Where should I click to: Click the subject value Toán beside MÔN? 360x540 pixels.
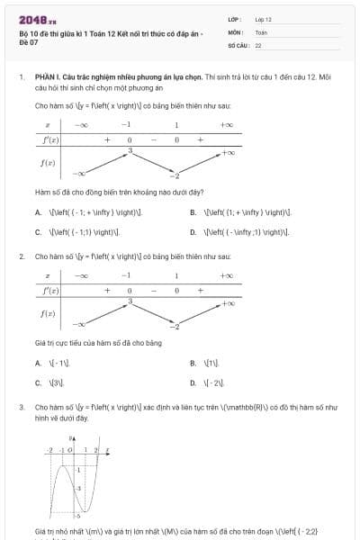coord(261,31)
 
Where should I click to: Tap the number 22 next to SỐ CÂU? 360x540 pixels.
coord(258,44)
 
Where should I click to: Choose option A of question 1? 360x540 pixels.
coord(39,213)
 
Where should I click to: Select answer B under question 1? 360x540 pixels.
coord(193,213)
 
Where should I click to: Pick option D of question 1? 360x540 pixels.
coord(193,231)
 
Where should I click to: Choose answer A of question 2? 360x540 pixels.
coord(39,363)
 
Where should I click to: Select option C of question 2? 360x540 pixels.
coord(39,382)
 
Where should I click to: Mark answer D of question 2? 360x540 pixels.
coord(193,382)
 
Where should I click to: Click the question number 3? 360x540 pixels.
coord(21,407)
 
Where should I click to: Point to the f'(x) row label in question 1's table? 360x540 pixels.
coord(48,140)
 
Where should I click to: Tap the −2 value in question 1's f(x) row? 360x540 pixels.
coord(177,175)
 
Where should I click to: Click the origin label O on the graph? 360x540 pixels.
coord(69,448)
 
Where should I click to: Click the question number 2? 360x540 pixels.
coord(21,256)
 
